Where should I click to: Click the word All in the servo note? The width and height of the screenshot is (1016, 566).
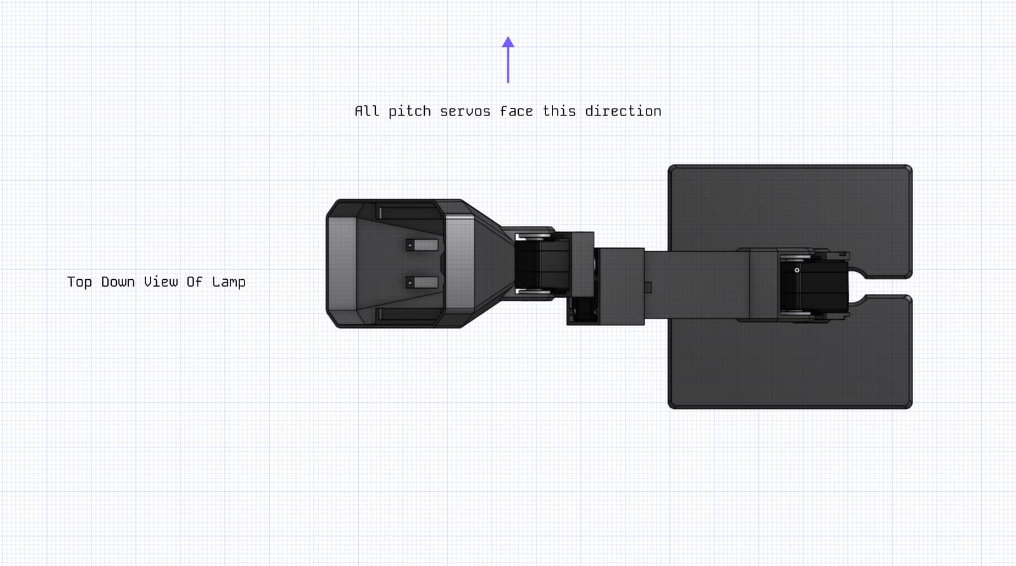[x=366, y=111]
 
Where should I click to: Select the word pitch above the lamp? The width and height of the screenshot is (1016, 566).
[x=410, y=112]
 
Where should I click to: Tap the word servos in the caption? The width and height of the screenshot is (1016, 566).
[x=465, y=112]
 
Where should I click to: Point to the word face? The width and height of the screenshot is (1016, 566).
[x=516, y=111]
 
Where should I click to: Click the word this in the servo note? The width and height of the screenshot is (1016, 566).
[x=559, y=111]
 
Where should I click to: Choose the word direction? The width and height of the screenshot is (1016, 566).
[x=623, y=111]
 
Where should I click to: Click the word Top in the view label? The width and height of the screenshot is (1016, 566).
[x=79, y=282]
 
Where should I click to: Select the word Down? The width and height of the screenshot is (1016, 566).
[x=118, y=282]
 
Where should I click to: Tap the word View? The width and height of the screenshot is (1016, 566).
[x=161, y=282]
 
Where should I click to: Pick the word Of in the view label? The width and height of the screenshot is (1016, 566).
[x=194, y=282]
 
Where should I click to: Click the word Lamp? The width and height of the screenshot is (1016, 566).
[x=229, y=282]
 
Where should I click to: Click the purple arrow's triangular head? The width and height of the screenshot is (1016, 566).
[x=508, y=42]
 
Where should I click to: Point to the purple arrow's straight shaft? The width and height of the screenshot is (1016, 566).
[x=508, y=65]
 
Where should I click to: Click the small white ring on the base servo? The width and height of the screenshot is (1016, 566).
[x=797, y=270]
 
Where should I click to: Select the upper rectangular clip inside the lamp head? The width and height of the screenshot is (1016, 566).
[x=422, y=245]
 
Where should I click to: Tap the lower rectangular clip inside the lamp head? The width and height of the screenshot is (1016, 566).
[x=422, y=282]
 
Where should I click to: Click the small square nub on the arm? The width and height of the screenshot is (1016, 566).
[x=648, y=287]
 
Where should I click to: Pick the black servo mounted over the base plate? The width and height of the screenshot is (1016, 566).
[x=813, y=286]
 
